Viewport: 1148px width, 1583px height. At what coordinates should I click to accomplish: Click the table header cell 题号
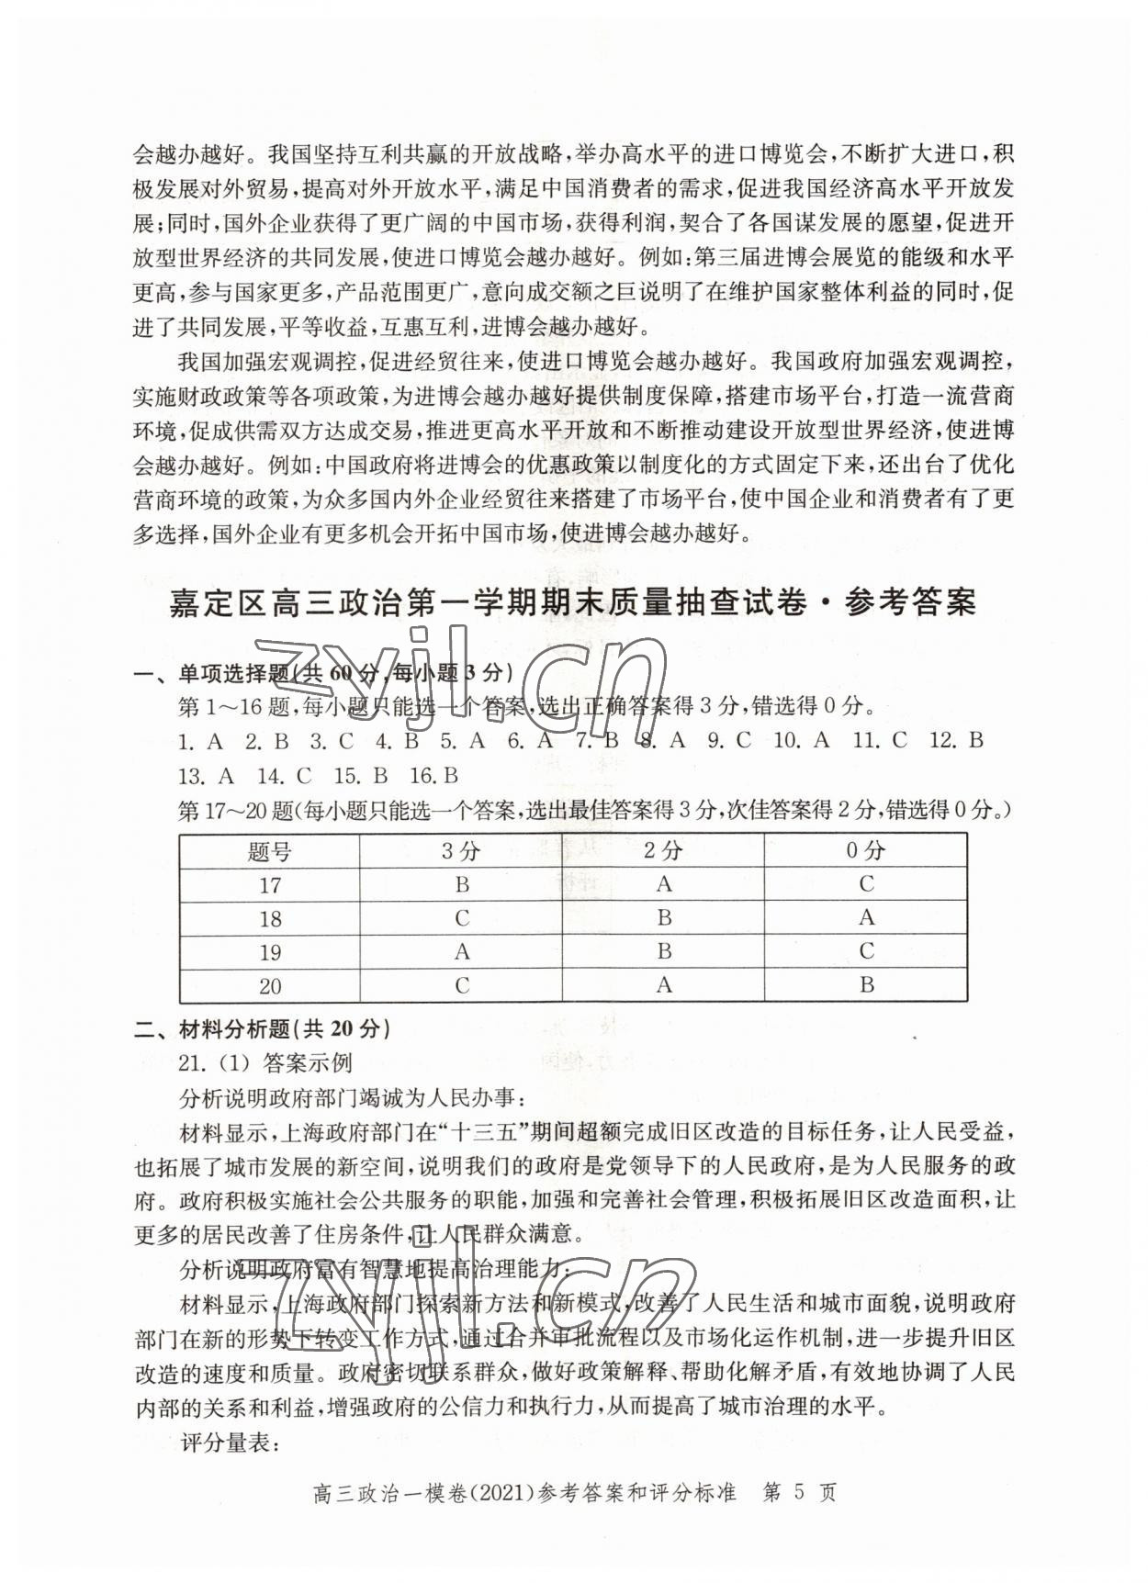(x=269, y=851)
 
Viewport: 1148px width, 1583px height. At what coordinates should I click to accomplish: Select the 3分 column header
(x=461, y=851)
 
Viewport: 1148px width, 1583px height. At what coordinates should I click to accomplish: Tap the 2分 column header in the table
(x=663, y=851)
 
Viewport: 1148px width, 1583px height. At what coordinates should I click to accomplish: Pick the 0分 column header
(x=865, y=851)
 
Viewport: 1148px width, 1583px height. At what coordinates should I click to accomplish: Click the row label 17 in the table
(x=269, y=885)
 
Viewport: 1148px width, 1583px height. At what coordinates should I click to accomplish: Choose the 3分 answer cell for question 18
(x=461, y=918)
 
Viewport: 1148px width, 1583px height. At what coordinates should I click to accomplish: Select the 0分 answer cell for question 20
(x=865, y=985)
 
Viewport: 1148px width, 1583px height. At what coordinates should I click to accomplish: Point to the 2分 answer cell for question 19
(x=663, y=952)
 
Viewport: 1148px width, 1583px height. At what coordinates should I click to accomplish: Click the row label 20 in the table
(x=269, y=986)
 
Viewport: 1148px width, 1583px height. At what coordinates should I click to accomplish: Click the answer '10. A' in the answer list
(x=801, y=740)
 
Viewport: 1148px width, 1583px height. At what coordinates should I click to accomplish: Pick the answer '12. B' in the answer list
(x=956, y=740)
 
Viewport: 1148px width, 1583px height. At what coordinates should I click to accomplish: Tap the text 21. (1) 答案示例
(x=265, y=1063)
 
